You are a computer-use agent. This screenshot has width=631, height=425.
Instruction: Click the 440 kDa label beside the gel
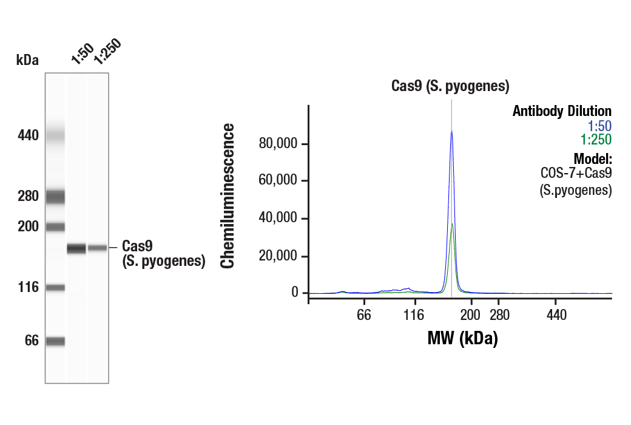(27, 135)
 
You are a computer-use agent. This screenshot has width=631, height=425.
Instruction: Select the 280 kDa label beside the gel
(27, 196)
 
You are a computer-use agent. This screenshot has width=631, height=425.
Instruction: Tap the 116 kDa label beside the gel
(27, 287)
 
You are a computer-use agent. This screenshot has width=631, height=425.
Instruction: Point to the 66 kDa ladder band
(55, 341)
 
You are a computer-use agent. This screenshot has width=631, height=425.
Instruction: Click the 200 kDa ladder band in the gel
(55, 227)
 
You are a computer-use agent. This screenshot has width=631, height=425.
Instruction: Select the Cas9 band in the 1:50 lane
(76, 248)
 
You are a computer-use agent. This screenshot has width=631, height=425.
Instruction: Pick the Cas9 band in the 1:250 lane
(98, 248)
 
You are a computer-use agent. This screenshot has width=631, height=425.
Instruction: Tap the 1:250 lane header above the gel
(107, 53)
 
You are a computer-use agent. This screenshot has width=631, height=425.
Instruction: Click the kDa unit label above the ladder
(27, 59)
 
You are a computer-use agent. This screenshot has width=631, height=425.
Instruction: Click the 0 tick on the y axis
(295, 293)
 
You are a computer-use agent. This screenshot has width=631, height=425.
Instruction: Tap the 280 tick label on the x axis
(499, 315)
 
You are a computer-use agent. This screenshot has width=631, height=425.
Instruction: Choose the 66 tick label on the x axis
(364, 315)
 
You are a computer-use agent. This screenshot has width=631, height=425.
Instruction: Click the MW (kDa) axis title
(462, 338)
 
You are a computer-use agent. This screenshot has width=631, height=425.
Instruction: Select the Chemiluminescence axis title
(228, 195)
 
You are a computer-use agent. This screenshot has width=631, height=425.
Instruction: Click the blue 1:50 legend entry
(599, 126)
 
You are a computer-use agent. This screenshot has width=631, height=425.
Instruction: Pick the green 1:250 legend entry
(596, 140)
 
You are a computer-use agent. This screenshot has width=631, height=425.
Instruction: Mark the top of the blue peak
(451, 131)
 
